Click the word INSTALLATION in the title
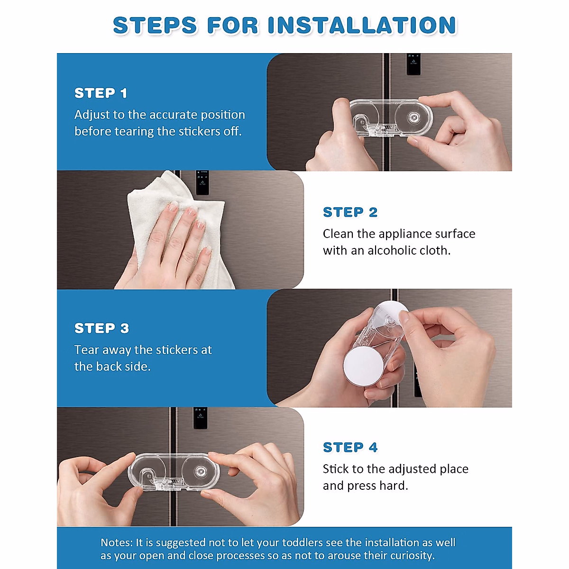tap(362, 26)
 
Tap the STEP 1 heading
tap(101, 93)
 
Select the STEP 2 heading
tap(350, 212)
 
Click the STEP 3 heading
tap(101, 328)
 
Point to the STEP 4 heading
tap(350, 447)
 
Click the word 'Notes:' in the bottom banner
tap(117, 543)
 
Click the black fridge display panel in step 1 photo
tap(413, 64)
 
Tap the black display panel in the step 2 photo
tap(202, 183)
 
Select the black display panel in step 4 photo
tap(200, 418)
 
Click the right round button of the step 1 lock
tap(413, 118)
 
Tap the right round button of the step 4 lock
tap(201, 471)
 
